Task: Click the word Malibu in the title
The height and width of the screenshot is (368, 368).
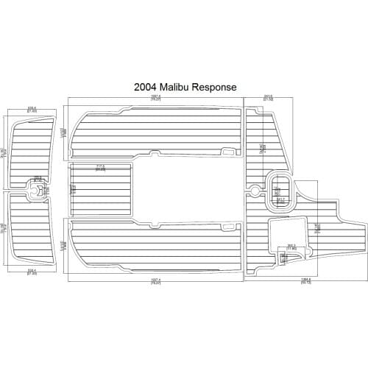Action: tap(175, 86)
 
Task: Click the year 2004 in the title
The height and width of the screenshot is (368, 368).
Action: tap(144, 86)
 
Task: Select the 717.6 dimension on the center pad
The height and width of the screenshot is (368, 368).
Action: tap(101, 166)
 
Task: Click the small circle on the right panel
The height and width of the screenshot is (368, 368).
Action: tap(254, 190)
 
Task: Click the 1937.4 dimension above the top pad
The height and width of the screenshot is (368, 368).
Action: tap(155, 96)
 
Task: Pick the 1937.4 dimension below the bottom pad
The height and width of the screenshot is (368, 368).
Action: tap(155, 280)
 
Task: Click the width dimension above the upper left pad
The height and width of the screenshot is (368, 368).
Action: tap(32, 110)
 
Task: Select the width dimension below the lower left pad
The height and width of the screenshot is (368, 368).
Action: tap(32, 272)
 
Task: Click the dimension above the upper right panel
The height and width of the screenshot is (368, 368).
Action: tap(269, 96)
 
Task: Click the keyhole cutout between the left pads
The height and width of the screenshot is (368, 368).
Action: tap(35, 190)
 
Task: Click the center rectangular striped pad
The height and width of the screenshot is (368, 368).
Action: tap(101, 189)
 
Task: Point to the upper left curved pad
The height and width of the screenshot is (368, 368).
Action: tap(33, 151)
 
